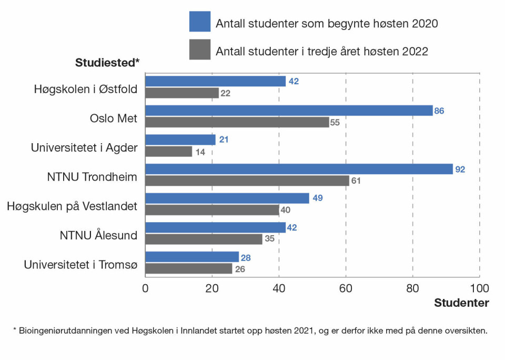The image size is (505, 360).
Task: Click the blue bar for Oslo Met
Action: [289, 111]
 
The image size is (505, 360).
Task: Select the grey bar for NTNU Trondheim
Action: [247, 181]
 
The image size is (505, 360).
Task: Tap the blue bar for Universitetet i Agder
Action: [180, 139]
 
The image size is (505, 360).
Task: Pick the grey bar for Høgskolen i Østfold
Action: [182, 93]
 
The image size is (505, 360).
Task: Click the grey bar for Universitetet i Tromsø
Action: [189, 268]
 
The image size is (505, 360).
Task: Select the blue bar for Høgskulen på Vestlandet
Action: [227, 198]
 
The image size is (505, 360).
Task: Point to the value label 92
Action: [460, 169]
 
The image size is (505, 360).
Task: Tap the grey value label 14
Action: [200, 152]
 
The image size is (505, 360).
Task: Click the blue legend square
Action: [200, 22]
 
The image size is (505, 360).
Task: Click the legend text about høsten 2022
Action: [322, 51]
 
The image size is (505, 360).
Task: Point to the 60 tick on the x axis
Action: [346, 288]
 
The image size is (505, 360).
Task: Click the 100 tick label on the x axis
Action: [479, 288]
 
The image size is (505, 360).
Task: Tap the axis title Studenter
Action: [461, 303]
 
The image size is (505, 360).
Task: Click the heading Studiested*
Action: [107, 63]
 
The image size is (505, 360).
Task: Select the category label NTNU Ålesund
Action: [98, 235]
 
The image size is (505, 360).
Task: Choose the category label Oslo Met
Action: [113, 118]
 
